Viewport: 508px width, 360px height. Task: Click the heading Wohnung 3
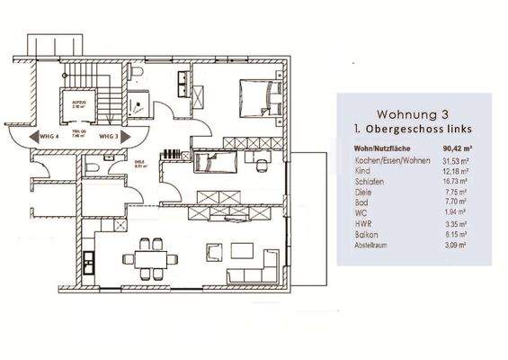tap(413, 116)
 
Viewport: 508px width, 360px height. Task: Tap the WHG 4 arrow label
tap(36, 136)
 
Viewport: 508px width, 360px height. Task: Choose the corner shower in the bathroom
tap(139, 103)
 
